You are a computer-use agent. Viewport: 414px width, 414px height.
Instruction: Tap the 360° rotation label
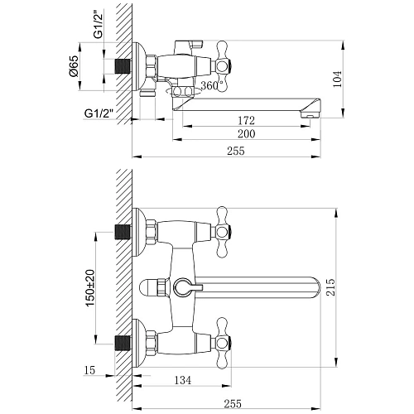coord(214,85)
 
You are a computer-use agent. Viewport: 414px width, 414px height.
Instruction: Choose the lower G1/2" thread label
coord(98,113)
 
